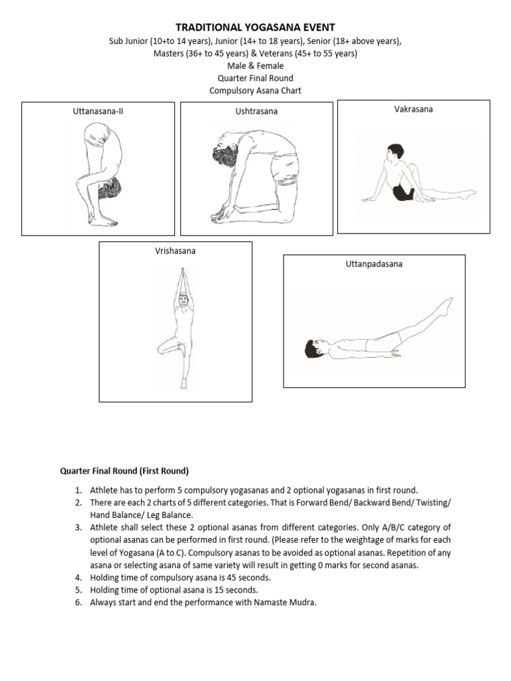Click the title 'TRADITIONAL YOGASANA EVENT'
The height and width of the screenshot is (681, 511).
pyautogui.click(x=255, y=27)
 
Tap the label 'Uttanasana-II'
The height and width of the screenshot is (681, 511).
pyautogui.click(x=98, y=112)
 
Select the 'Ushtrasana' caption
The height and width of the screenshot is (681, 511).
pyautogui.click(x=256, y=112)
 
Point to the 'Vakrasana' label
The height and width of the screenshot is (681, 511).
pyautogui.click(x=413, y=109)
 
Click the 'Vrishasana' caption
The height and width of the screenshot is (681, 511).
pyautogui.click(x=176, y=251)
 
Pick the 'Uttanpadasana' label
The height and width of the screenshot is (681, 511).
pyautogui.click(x=373, y=264)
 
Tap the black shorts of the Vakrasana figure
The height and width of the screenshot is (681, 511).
pyautogui.click(x=402, y=192)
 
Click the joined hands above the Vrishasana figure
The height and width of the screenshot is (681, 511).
pyautogui.click(x=181, y=278)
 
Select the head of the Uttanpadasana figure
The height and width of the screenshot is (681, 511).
pyautogui.click(x=312, y=348)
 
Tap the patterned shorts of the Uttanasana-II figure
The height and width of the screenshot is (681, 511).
pyautogui.click(x=108, y=188)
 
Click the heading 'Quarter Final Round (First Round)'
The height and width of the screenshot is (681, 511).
pyautogui.click(x=124, y=472)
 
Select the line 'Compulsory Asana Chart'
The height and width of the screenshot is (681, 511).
pyautogui.click(x=255, y=90)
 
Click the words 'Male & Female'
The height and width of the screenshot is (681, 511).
pyautogui.click(x=255, y=66)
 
